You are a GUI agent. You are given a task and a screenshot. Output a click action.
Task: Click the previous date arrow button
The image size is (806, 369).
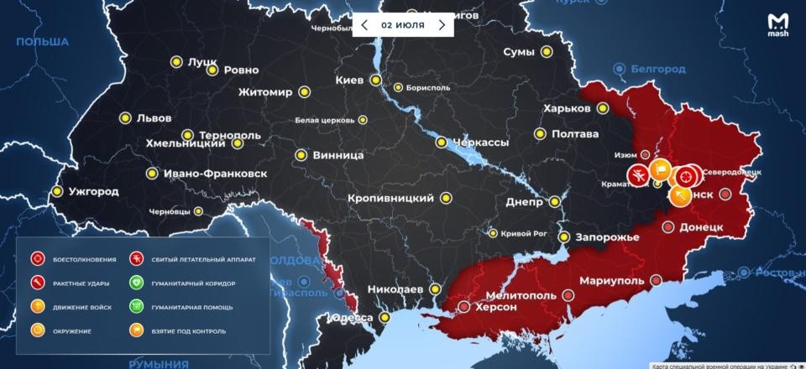364,25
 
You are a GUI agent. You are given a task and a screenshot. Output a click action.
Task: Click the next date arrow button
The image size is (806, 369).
442,25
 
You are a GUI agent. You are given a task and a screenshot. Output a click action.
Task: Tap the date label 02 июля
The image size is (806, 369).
403,25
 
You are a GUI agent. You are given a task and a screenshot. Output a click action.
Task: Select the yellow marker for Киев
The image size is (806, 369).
376,81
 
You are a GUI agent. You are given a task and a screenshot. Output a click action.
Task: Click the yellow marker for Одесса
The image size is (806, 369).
385,318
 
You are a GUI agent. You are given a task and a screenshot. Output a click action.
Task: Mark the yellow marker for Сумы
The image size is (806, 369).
547,52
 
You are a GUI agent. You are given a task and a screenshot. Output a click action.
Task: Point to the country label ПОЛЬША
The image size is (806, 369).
42,41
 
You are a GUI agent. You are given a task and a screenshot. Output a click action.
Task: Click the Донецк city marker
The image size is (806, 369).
668,227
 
